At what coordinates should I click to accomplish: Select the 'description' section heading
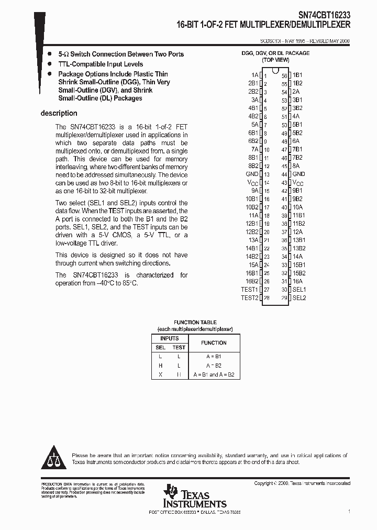[59, 113]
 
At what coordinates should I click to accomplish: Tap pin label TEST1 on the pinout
[249, 290]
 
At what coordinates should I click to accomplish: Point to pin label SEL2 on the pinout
[299, 298]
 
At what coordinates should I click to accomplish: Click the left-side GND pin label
[252, 174]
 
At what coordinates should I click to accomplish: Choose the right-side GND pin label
[298, 174]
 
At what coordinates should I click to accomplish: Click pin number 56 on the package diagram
[284, 75]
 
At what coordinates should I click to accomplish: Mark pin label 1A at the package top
[254, 75]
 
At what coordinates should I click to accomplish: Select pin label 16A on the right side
[297, 281]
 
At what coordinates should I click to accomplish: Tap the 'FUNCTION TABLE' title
[195, 323]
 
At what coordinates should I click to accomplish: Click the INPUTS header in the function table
[169, 338]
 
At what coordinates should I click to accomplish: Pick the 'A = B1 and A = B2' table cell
[214, 375]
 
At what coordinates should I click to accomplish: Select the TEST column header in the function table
[179, 347]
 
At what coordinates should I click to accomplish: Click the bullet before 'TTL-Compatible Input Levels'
[49, 64]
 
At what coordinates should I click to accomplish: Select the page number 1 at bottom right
[349, 511]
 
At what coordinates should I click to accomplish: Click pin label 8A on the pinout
[296, 165]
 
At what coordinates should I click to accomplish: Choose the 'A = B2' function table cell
[214, 366]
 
